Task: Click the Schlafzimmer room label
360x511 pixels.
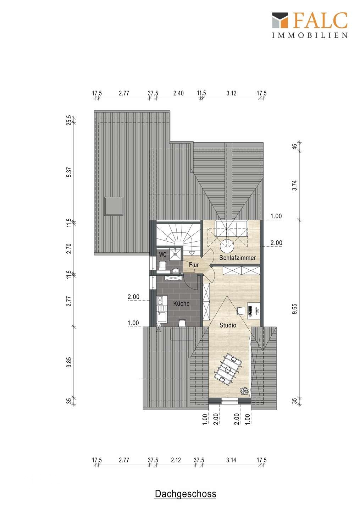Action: pos(237,258)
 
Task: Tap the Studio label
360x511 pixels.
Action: pos(228,325)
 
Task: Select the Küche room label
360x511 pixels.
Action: pos(181,303)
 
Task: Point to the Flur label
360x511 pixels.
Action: pos(194,265)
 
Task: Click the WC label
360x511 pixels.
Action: pos(162,254)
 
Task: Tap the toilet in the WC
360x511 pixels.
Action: pos(162,265)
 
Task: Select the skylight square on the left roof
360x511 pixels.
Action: pos(114,206)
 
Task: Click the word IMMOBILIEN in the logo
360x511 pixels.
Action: pos(310,35)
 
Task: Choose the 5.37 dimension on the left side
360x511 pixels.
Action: pos(69,172)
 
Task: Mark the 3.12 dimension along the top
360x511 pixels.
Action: pos(231,93)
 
